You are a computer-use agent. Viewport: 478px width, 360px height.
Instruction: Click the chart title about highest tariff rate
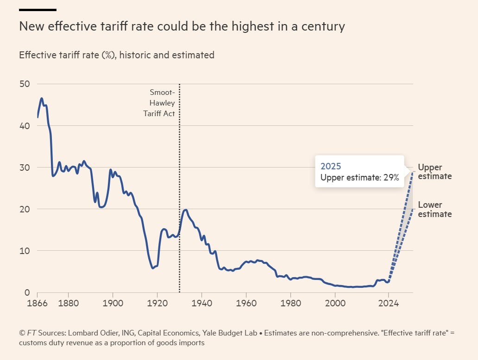click(182, 26)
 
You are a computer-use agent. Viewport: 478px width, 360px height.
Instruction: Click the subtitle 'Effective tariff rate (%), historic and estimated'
click(116, 55)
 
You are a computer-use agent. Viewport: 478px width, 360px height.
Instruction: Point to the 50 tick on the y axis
click(24, 84)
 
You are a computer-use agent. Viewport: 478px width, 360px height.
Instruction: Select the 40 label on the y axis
click(24, 126)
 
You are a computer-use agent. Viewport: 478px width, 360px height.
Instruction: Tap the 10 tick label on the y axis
click(24, 251)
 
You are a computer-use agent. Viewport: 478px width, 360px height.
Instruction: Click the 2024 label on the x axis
click(389, 304)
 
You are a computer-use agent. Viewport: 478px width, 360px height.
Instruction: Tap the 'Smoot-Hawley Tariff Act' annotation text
click(160, 103)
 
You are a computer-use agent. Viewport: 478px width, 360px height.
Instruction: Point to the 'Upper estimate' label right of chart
click(434, 172)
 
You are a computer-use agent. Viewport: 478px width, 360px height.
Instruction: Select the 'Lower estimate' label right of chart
click(434, 209)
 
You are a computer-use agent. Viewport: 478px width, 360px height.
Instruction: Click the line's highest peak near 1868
click(42, 99)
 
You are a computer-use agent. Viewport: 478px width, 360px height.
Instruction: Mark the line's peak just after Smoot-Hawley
click(185, 210)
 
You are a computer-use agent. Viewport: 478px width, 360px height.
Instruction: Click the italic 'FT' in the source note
click(31, 333)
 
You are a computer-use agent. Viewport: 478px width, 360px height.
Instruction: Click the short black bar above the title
click(38, 10)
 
